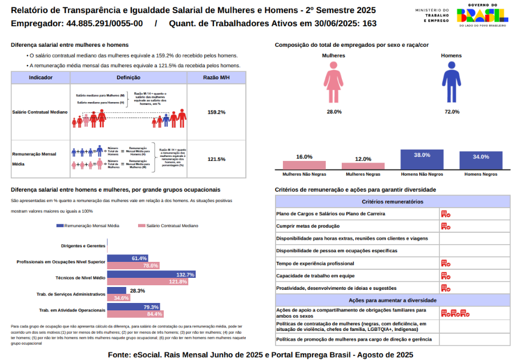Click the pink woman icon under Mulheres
pos(334,82)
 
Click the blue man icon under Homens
pos(452,82)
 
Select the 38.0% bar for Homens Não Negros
pos(422,159)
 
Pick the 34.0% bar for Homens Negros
pos(481,160)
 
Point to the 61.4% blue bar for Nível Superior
pos(128,258)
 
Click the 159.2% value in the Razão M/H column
pos(216,112)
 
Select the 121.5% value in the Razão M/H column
pos(216,159)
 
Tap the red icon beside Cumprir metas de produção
pos(446,226)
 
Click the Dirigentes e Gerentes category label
pos(83,246)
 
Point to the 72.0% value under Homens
pos(452,112)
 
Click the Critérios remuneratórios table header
pos(392,202)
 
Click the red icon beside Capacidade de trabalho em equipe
pos(446,276)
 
